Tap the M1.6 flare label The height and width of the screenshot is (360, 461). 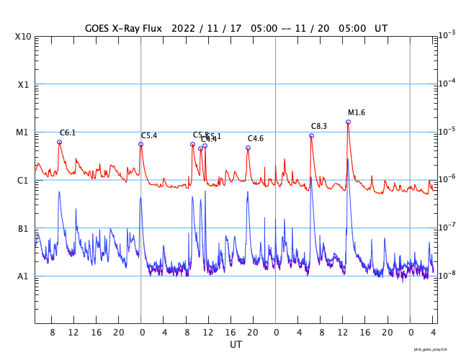coord(357,112)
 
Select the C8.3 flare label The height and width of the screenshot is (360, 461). coord(319,126)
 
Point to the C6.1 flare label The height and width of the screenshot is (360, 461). coord(68,132)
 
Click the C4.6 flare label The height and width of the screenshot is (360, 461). coord(256,138)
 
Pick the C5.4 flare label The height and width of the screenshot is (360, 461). coord(149,135)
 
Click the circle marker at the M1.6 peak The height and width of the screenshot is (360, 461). coord(348,122)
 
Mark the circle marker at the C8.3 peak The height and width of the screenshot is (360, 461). coord(311,135)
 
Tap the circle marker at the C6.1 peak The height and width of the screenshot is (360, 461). coord(59,142)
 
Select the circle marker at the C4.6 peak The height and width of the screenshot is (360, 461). coord(248,148)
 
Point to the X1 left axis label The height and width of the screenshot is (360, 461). coord(23,84)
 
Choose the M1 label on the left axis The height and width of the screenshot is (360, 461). coord(23,132)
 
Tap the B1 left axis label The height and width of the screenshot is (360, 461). coord(23,229)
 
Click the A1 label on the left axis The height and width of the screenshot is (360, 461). coord(23,276)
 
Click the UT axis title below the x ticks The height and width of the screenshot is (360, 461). coord(236,345)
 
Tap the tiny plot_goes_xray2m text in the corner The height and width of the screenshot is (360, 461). coord(437,348)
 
